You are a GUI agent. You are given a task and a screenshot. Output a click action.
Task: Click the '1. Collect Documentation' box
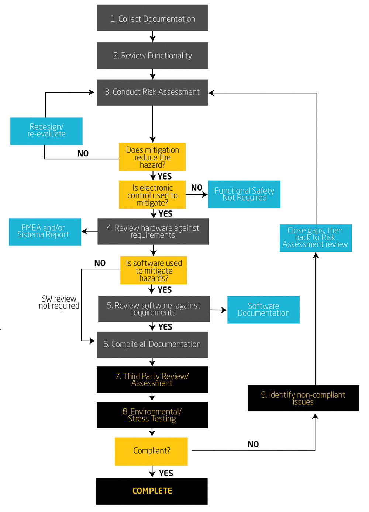coord(153,18)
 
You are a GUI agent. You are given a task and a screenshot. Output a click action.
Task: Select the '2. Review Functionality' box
coord(153,56)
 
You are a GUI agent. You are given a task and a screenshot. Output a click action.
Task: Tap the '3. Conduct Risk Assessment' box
coord(153,93)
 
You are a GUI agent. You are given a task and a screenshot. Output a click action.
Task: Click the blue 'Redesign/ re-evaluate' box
coord(46,131)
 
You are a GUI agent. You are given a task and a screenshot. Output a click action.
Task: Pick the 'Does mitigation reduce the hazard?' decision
coord(152,157)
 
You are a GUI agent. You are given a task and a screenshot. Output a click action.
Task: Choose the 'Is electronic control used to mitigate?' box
coord(152,195)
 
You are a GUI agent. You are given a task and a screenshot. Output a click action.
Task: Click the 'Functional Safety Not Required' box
coord(244,194)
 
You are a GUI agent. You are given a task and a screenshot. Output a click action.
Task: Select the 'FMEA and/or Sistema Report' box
coord(45,232)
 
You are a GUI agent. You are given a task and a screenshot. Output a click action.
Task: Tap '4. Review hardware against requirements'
coord(153,231)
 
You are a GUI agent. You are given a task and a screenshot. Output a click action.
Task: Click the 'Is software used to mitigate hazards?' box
coord(154,270)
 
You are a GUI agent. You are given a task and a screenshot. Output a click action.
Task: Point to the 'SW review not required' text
coord(59,302)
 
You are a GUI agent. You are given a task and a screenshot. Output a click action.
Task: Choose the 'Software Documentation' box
coord(263,310)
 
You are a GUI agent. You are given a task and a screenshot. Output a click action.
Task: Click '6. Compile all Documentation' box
coord(153,345)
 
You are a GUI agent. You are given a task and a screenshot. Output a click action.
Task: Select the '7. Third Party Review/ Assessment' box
coord(152,380)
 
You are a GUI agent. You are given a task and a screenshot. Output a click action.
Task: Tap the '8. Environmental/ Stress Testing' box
coord(152,415)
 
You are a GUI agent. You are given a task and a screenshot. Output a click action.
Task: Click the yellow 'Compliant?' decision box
coord(151,452)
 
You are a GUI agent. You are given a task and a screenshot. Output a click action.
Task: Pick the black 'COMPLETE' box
coord(152,491)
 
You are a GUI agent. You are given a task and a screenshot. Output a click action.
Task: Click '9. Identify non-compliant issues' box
coord(304,398)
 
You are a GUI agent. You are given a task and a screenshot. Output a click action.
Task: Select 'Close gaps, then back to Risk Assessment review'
coord(316,238)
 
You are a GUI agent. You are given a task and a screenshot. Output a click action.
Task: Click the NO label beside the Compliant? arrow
coord(253,444)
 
